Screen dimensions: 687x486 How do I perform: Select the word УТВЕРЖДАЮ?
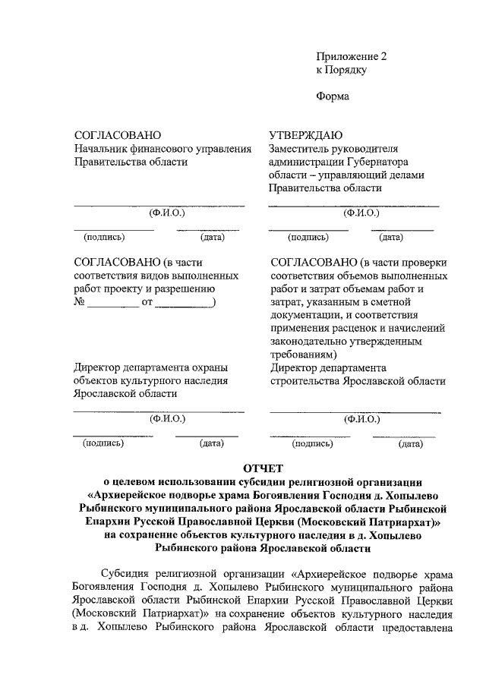click(306, 134)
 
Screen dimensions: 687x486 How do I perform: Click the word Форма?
click(333, 96)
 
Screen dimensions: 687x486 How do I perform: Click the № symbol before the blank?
click(77, 303)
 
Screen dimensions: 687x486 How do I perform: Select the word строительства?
click(305, 381)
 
